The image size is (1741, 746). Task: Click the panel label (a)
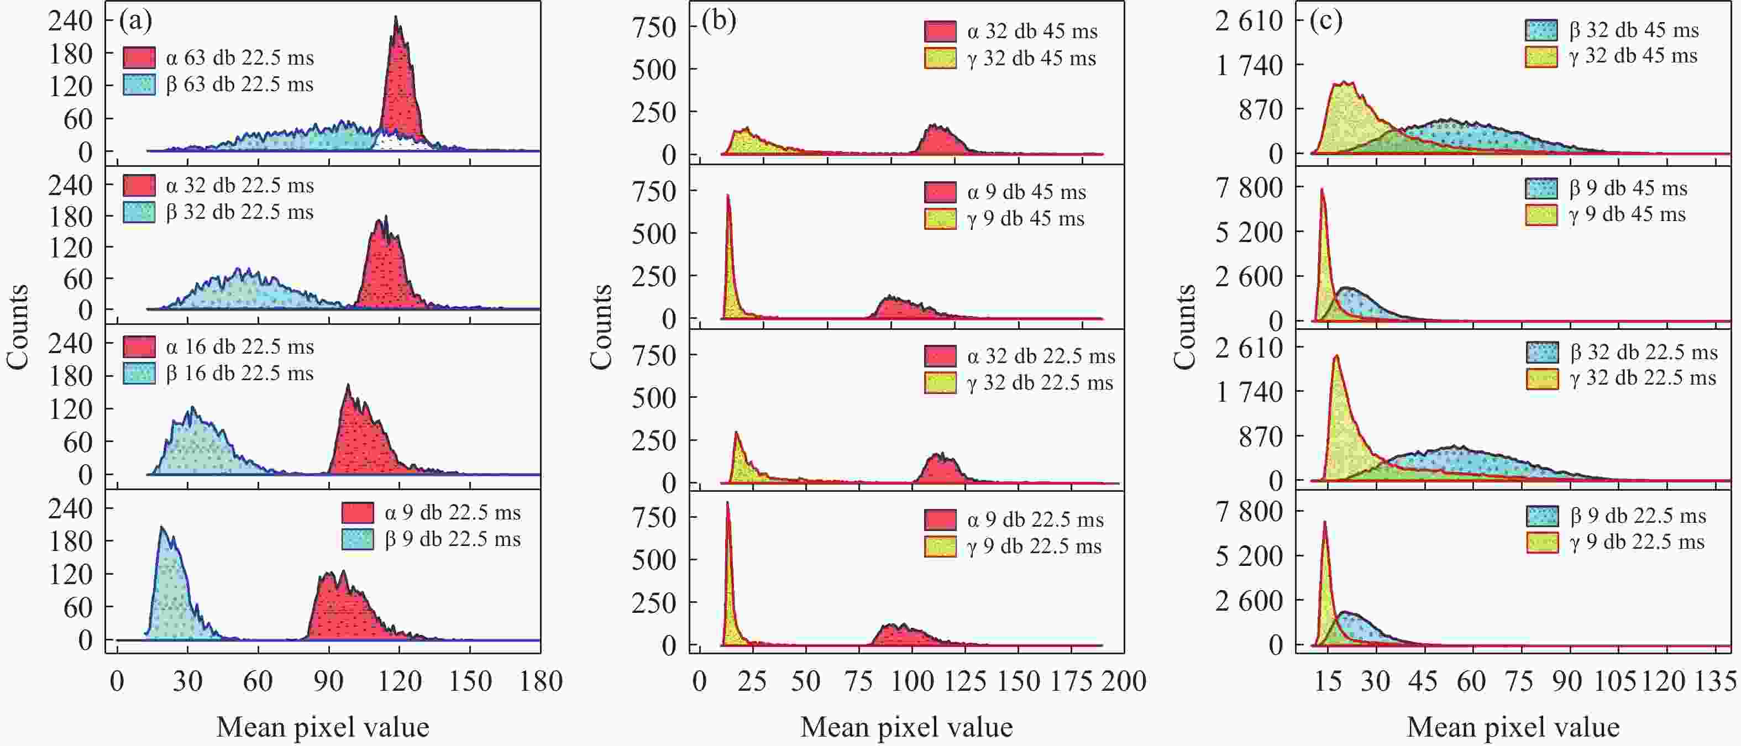click(135, 22)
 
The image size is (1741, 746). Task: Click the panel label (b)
click(719, 22)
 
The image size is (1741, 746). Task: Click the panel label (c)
click(1325, 22)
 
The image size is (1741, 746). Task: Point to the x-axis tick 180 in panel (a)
click(540, 681)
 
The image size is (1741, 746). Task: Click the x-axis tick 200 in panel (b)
click(1123, 681)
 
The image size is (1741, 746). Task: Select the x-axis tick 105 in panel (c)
click(1616, 681)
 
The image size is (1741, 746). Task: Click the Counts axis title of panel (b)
click(601, 327)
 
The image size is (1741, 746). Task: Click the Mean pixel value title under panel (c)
click(1513, 728)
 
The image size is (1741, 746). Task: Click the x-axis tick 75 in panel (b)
click(858, 681)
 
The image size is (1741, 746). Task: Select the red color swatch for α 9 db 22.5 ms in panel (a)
click(358, 513)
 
